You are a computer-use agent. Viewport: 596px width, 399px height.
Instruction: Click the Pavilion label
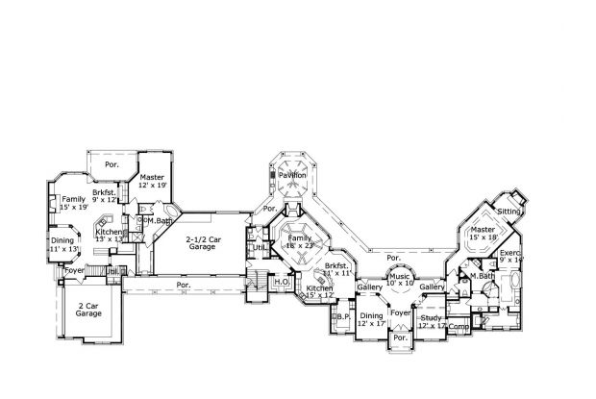[x=294, y=175]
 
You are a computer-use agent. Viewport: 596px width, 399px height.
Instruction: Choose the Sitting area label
[x=509, y=210]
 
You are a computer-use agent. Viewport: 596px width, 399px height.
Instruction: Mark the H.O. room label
[x=283, y=282]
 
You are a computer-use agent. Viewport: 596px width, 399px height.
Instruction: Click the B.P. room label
[x=343, y=315]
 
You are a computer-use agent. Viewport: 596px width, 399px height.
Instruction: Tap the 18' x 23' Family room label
[x=301, y=241]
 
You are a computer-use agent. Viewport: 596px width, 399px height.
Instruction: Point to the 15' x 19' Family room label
[x=73, y=202]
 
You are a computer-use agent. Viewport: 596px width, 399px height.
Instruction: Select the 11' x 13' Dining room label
[x=62, y=244]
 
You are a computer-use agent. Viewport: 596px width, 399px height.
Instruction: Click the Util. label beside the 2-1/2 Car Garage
[x=259, y=248]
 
